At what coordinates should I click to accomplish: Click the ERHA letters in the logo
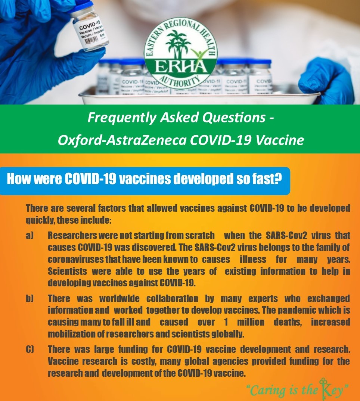pyautogui.click(x=181, y=67)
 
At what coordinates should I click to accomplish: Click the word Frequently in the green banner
pyautogui.click(x=122, y=118)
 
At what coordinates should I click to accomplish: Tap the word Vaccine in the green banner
pyautogui.click(x=280, y=140)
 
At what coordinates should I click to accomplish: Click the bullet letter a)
pyautogui.click(x=30, y=235)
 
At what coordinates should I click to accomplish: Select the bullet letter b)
pyautogui.click(x=30, y=298)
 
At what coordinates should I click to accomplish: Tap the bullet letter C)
pyautogui.click(x=30, y=349)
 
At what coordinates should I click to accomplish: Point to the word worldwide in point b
pyautogui.click(x=120, y=298)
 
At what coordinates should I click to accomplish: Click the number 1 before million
pyautogui.click(x=226, y=322)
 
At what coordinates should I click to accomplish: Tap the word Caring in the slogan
pyautogui.click(x=268, y=391)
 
